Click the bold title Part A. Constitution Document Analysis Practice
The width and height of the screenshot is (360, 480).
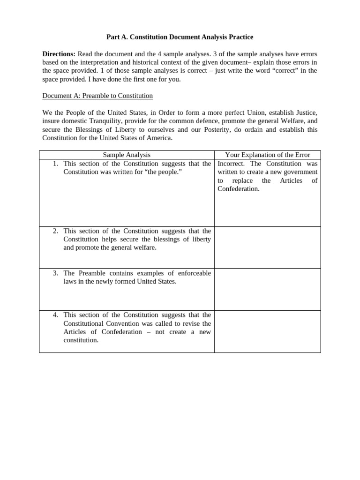point(180,37)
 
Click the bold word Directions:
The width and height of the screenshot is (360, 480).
point(59,53)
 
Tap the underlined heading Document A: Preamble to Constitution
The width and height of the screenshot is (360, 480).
point(97,96)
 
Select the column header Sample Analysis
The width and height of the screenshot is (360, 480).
point(127,155)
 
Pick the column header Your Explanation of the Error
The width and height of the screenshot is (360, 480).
point(268,155)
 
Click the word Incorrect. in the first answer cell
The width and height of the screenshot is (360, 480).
point(232,164)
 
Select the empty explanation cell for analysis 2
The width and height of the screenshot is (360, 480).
point(268,247)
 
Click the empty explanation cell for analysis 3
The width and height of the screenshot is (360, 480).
point(268,289)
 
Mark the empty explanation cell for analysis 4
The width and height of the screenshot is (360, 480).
point(268,331)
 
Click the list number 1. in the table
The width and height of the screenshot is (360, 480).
point(55,164)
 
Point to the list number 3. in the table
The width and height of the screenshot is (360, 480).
point(55,273)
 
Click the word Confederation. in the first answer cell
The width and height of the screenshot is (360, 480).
point(239,189)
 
